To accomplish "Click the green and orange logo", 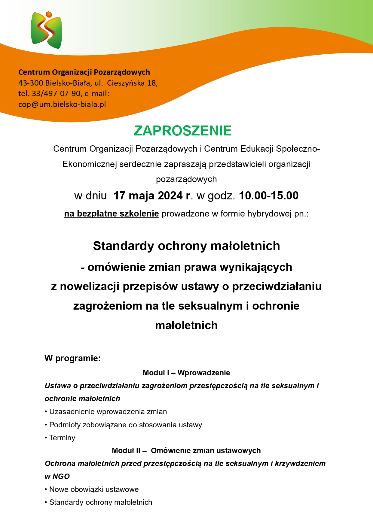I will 46,30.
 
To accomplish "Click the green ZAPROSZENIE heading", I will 183,131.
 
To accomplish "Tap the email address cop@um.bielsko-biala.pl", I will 62,104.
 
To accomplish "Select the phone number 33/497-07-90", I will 56,94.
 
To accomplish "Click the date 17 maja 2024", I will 148,196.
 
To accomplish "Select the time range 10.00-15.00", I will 269,196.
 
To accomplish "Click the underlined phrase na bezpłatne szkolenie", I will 112,214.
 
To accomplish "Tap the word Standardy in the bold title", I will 124,246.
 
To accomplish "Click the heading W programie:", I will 72,358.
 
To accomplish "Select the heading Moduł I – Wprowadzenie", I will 186,373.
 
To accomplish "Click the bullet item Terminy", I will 62,438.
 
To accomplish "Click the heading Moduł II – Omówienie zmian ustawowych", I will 186,451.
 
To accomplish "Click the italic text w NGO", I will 57,477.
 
